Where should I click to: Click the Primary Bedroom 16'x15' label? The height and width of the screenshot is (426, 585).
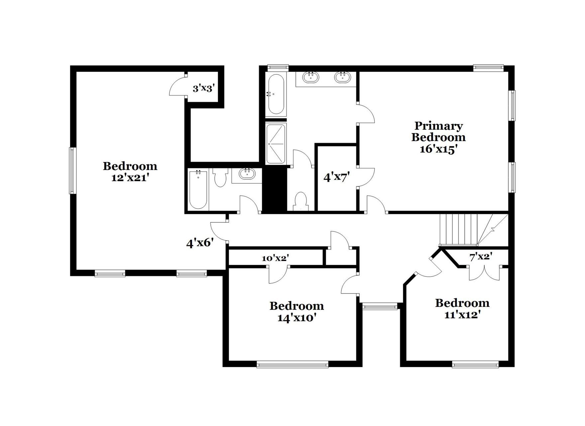(x=438, y=137)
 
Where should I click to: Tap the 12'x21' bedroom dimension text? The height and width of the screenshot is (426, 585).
(x=130, y=178)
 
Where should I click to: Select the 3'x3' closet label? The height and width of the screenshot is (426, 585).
(x=203, y=89)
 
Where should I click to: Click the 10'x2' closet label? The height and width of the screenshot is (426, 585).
(x=275, y=258)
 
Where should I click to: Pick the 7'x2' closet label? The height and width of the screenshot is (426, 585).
(x=481, y=257)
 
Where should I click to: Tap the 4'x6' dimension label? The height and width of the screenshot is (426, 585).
(x=199, y=243)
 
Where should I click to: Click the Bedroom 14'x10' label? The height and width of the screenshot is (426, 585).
(x=296, y=312)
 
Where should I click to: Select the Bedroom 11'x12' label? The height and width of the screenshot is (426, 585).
(x=462, y=309)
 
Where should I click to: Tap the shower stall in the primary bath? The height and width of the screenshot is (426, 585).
(x=276, y=143)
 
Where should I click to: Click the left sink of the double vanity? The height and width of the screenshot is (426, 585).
(x=311, y=77)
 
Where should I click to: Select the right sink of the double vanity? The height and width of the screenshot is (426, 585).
(x=343, y=77)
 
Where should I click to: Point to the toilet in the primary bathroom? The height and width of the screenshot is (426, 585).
(x=301, y=200)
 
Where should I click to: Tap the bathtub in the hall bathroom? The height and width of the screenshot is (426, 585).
(x=198, y=190)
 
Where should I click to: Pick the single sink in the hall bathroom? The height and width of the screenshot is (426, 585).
(x=246, y=174)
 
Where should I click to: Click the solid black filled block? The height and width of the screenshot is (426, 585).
(x=275, y=189)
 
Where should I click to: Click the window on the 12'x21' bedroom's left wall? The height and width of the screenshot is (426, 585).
(x=72, y=170)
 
